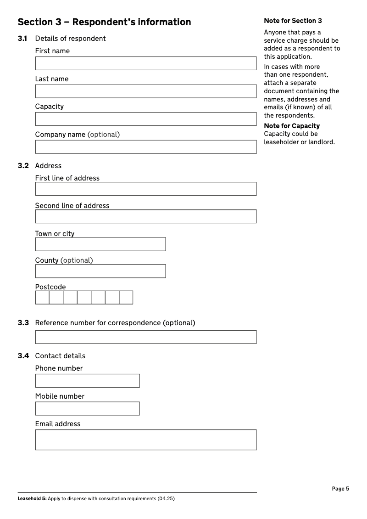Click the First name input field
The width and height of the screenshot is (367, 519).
[145, 63]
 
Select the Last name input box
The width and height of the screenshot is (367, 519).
[145, 91]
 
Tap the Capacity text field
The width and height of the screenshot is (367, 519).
[145, 119]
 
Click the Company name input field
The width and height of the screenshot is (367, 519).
[145, 147]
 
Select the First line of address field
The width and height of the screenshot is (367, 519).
[145, 189]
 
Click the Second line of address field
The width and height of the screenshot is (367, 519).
[145, 216]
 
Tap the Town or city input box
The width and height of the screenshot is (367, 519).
[100, 244]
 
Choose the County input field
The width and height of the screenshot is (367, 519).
[100, 271]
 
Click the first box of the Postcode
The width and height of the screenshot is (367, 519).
[42, 298]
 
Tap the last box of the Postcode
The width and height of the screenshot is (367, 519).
[126, 298]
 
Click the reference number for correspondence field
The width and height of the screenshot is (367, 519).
[145, 337]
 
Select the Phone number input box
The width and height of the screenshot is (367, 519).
[87, 381]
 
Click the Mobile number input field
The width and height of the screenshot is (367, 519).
[87, 409]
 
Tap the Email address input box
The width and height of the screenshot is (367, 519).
[145, 440]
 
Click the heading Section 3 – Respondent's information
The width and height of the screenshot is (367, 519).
[104, 22]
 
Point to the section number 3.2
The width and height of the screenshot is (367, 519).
[23, 166]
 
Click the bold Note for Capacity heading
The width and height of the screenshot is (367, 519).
[292, 126]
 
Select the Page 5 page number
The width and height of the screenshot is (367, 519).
[340, 489]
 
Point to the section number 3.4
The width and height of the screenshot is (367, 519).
[23, 356]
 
